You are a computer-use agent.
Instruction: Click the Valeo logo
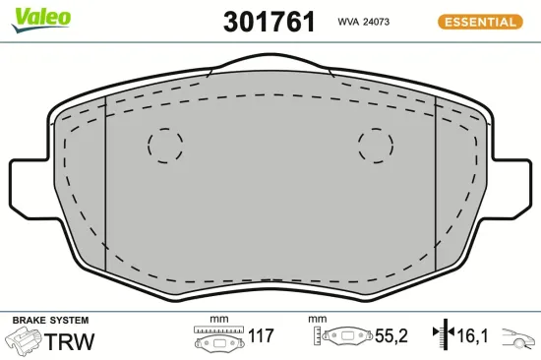point(39,15)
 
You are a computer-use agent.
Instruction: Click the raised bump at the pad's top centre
point(270,67)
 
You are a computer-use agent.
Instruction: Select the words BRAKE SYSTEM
point(50,321)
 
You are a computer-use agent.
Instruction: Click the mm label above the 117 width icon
point(218,320)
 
